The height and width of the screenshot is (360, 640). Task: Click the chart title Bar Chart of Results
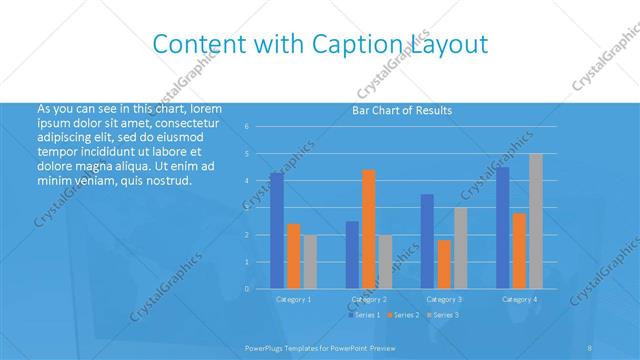(x=402, y=110)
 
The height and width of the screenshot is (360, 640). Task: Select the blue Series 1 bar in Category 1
(x=277, y=231)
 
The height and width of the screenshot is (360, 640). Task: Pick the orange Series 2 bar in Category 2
(x=369, y=229)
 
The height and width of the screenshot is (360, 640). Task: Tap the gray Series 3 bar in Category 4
(x=536, y=221)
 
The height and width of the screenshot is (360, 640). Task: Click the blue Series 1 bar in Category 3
(x=427, y=241)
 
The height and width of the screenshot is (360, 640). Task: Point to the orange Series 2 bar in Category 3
(x=444, y=264)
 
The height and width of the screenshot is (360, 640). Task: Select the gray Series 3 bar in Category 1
(x=310, y=262)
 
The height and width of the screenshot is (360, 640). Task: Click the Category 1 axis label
(x=293, y=299)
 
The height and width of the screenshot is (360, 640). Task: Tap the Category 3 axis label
(x=443, y=299)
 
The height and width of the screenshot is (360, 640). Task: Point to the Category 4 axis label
(x=519, y=299)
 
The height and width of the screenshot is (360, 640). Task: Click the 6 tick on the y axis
(x=247, y=127)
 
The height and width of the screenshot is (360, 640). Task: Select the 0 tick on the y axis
(x=247, y=289)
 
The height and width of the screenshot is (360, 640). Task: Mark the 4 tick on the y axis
(x=247, y=181)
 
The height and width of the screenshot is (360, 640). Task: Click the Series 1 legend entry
(x=365, y=315)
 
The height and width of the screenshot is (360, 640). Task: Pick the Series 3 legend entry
(x=444, y=315)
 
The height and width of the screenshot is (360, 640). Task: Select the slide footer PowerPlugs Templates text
(x=301, y=348)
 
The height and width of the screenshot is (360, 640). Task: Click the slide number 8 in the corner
(x=590, y=348)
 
